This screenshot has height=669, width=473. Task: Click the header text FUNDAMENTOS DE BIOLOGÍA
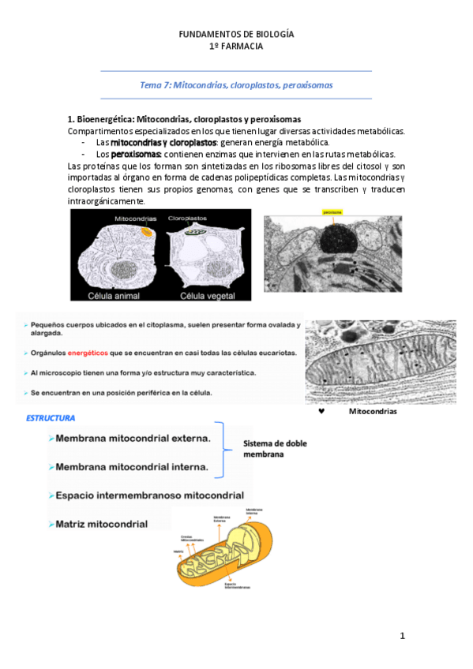point(236,35)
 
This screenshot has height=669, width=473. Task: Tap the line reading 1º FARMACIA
point(236,47)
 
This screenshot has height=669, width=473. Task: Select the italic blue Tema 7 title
point(236,84)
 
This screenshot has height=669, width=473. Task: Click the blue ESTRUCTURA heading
point(51,417)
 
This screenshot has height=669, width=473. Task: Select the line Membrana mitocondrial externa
point(133,437)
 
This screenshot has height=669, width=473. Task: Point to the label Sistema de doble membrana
point(274,448)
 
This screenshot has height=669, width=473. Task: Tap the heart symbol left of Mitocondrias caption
point(321,411)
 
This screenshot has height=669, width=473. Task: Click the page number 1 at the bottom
point(402,636)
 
